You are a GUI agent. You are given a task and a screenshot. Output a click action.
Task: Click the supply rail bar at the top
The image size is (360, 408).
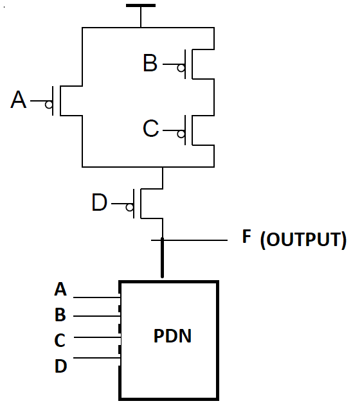[x=140, y=6]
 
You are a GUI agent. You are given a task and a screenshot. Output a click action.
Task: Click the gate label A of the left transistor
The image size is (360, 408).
[x=19, y=100]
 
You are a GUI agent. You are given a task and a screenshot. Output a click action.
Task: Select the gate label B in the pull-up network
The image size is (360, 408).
[x=150, y=64]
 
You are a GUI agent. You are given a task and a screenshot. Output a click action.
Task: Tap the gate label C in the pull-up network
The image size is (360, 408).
[x=150, y=129]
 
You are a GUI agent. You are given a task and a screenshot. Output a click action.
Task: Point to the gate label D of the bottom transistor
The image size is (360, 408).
[x=100, y=203]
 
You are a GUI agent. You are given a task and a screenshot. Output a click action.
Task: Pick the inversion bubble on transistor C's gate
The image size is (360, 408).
[x=182, y=134]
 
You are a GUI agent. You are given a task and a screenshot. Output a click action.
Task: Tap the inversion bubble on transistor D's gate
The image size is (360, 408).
[x=130, y=208]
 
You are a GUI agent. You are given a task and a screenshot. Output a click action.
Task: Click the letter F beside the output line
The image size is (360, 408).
[x=246, y=236]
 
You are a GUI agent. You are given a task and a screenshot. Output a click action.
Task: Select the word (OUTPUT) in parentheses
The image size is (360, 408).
[x=303, y=241]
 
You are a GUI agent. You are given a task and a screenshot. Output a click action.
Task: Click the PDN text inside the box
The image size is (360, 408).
[x=172, y=335]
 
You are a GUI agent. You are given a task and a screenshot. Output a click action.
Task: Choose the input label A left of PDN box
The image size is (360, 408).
[x=60, y=290]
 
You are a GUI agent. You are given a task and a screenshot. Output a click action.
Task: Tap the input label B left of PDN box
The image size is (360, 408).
[x=60, y=315]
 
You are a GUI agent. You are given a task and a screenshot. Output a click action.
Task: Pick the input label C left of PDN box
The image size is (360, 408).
[x=60, y=341]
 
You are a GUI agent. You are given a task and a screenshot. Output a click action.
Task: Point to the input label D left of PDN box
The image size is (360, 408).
[x=60, y=366]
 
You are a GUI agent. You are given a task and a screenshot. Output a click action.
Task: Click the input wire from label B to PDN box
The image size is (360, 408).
[x=96, y=316]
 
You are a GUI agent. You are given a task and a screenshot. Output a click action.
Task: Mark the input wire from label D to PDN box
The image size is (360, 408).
[x=96, y=358]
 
